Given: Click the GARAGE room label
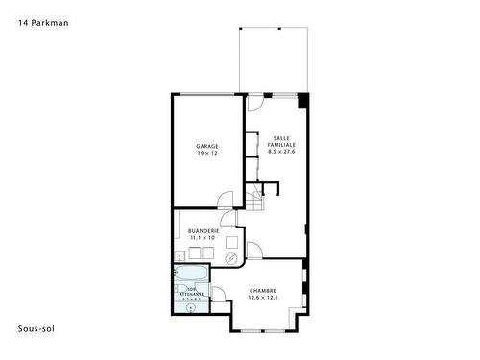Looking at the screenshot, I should [x=208, y=146].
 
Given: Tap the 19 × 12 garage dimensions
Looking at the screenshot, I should [x=208, y=154].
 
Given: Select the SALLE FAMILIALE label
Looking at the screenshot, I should [x=282, y=141].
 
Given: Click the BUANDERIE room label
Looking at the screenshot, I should [x=204, y=231].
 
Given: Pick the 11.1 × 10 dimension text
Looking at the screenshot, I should [x=204, y=238].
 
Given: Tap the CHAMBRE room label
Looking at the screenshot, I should [x=263, y=291].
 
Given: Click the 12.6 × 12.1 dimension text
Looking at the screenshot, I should [x=263, y=298].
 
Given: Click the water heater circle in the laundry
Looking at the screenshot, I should [x=231, y=259].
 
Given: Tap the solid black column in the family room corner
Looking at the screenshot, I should [x=303, y=100].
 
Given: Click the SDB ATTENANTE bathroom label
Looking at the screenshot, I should [x=193, y=295].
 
